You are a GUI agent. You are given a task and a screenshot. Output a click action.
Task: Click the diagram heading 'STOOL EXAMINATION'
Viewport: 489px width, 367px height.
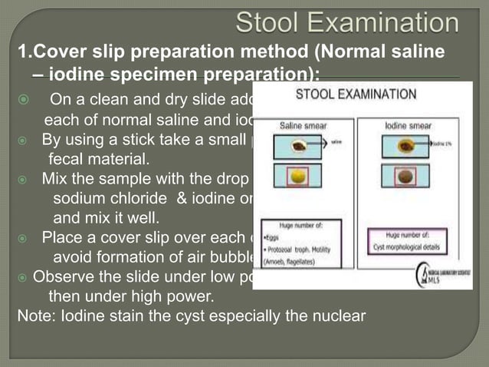pyautogui.click(x=356, y=95)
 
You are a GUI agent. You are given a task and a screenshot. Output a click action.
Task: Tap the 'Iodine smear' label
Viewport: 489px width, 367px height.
pyautogui.click(x=409, y=124)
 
